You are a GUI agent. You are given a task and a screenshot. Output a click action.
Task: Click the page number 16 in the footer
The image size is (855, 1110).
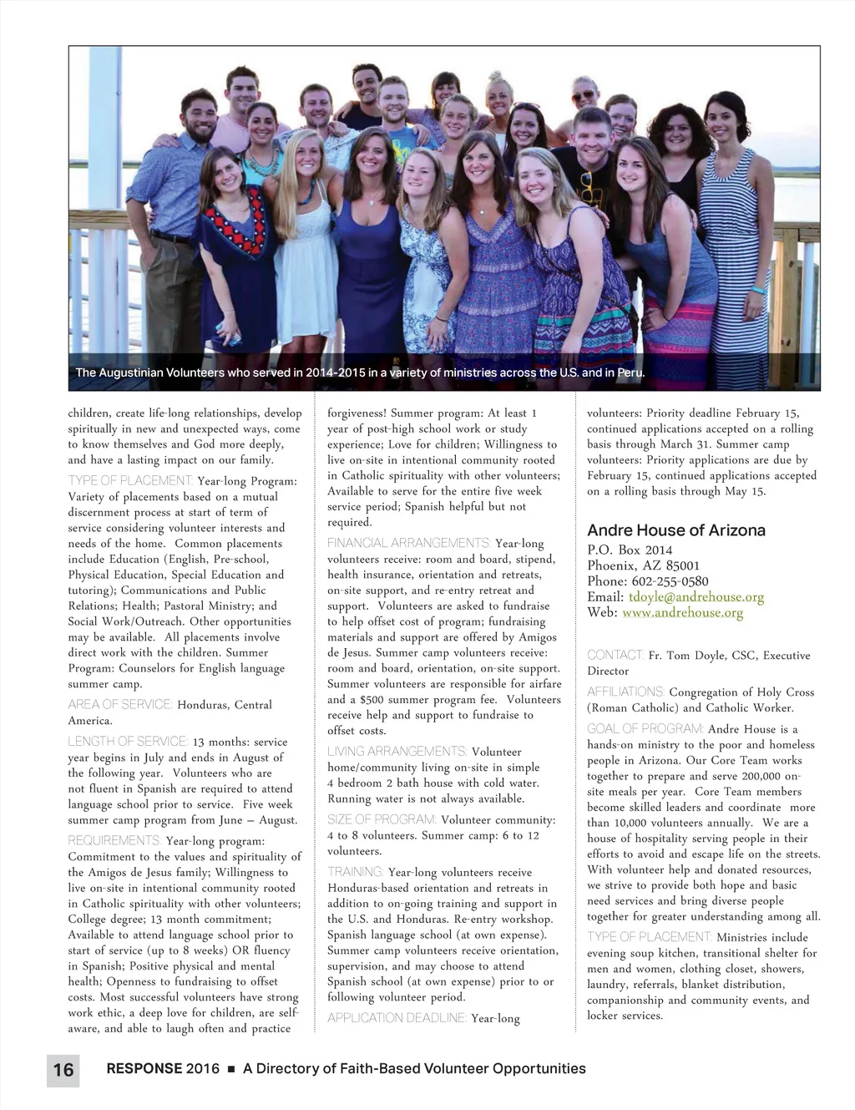coord(63,1069)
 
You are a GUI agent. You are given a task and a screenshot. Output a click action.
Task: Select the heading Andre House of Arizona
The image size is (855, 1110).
coord(675,530)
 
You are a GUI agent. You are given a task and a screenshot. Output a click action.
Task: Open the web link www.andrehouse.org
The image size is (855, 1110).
coord(682,613)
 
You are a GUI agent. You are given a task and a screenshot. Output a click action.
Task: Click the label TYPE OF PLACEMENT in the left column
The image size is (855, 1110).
coord(130,481)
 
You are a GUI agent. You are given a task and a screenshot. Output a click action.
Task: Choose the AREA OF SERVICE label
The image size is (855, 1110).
coord(120,705)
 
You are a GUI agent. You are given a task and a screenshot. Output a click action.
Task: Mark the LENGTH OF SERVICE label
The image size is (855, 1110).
coord(128,742)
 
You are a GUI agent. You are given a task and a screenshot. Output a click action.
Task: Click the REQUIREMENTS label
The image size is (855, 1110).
coord(114,841)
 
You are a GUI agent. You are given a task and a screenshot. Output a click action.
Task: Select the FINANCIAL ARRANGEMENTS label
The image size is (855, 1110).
coord(408,544)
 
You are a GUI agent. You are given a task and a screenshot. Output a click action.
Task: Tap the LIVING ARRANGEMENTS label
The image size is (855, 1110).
coord(397,752)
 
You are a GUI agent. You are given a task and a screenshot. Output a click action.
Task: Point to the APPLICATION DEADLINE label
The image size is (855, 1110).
coord(397,1018)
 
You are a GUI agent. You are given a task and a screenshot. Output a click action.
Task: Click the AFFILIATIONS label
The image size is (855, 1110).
coord(625,692)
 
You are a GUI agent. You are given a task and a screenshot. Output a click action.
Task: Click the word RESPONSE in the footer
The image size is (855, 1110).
coord(144,1069)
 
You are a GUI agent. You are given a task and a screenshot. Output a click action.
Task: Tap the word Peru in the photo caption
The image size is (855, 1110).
coord(630,373)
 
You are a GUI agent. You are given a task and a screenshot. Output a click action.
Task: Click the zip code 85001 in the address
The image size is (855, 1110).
coord(682,565)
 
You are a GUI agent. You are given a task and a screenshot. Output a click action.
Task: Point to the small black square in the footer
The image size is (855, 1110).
coord(231,1070)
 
